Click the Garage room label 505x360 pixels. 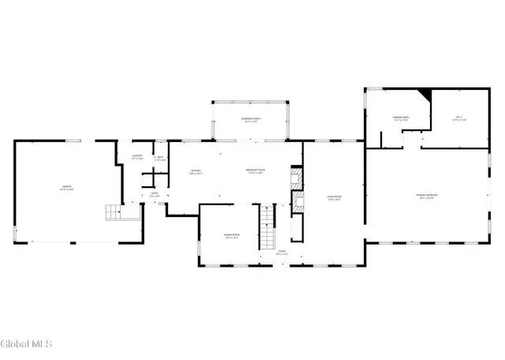(x=68, y=189)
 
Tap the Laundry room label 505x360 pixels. (x=137, y=158)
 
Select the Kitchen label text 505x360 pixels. (x=196, y=172)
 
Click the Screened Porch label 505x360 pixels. (x=252, y=120)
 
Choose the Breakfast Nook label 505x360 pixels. (x=254, y=172)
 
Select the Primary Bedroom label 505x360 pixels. (x=427, y=196)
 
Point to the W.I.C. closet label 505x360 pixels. (x=460, y=119)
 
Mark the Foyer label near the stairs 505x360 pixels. (x=281, y=253)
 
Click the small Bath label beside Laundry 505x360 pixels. (x=160, y=158)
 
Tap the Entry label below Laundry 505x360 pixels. (x=155, y=194)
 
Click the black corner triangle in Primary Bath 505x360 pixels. (x=426, y=95)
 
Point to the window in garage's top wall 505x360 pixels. (x=73, y=141)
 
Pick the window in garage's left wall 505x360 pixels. (x=15, y=234)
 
